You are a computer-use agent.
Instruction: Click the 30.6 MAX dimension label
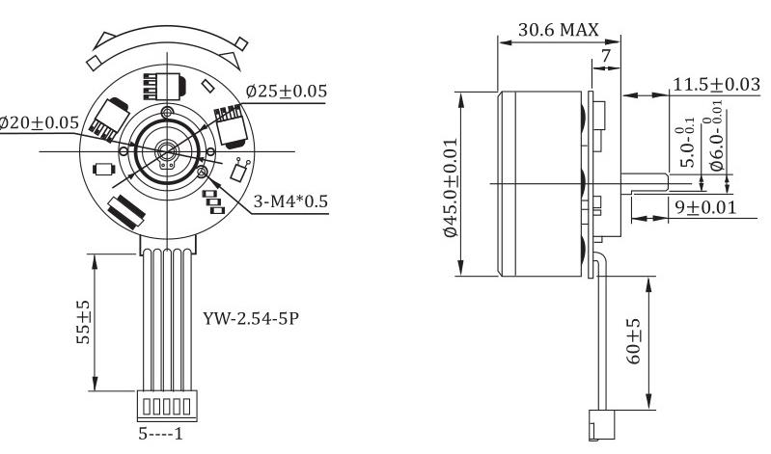[559, 30]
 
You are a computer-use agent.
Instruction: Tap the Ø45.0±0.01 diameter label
[451, 188]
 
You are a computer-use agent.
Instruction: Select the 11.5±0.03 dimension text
[716, 84]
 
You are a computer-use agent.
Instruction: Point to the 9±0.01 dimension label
[705, 207]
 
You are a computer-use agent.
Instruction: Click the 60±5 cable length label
[634, 341]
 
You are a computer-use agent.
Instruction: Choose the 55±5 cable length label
[84, 322]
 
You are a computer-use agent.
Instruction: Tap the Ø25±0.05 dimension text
[287, 91]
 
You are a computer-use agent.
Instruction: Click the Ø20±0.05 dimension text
[39, 122]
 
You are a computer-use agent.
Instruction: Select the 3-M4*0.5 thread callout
[290, 200]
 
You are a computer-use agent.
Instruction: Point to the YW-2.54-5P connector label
[251, 319]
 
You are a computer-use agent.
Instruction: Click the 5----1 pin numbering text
[160, 434]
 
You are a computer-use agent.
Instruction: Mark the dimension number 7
[606, 56]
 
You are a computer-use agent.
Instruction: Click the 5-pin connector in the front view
[167, 406]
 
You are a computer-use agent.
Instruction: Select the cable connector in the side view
[601, 424]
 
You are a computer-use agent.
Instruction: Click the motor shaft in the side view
[645, 182]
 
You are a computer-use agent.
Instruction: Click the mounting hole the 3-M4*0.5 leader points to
[202, 172]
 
